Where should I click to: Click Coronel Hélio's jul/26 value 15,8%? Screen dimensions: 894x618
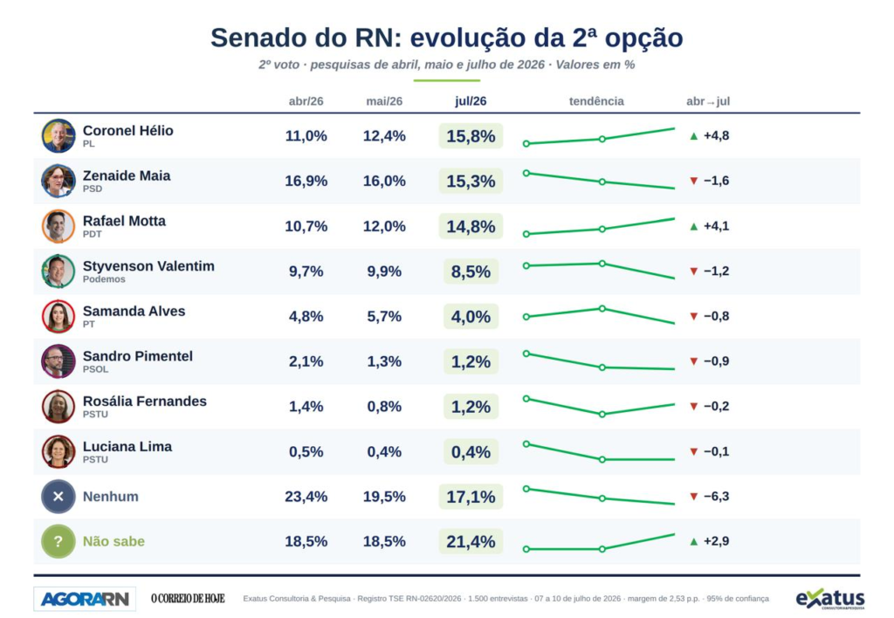tap(471, 136)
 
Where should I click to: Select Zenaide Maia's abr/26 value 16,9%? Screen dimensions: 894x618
tap(306, 182)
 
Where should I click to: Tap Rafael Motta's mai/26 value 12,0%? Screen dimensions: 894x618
tap(384, 226)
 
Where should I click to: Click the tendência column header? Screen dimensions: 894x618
tap(596, 101)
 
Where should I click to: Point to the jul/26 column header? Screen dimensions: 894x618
tap(471, 101)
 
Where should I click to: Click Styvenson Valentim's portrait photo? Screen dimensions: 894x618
tap(58, 271)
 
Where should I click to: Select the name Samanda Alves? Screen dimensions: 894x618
tap(134, 312)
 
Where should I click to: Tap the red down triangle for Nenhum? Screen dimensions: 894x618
tap(694, 497)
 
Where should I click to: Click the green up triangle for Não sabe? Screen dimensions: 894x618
tap(694, 541)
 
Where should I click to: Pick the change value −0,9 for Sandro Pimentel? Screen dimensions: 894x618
tap(716, 361)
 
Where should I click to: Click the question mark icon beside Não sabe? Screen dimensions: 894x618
tap(58, 541)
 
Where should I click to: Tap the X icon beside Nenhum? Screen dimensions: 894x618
tap(58, 497)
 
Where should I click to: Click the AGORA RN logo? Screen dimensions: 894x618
tap(85, 599)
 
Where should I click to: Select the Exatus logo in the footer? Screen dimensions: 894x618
tap(830, 599)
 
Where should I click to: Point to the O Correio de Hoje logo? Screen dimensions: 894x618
tap(188, 599)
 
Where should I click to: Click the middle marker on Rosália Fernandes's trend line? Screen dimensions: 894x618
tap(602, 415)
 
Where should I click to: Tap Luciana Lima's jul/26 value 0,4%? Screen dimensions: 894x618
tap(471, 452)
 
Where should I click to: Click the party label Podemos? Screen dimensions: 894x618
tap(104, 279)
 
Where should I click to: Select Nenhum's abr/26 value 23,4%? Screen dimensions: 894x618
tap(306, 498)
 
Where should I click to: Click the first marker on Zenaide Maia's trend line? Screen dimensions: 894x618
tap(526, 173)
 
